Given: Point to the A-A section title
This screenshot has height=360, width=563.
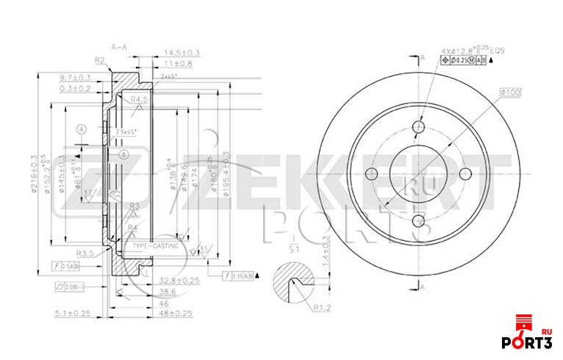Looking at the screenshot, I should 119,47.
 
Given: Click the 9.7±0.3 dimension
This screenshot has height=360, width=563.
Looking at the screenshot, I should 75,77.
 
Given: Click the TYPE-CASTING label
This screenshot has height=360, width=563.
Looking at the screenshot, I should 152,246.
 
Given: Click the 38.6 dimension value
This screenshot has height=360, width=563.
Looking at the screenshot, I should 165,292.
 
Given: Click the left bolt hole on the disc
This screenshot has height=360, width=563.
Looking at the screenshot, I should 371,173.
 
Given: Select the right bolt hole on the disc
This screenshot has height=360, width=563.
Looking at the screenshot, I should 466,173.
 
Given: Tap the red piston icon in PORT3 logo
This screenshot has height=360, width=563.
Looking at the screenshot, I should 524,323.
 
